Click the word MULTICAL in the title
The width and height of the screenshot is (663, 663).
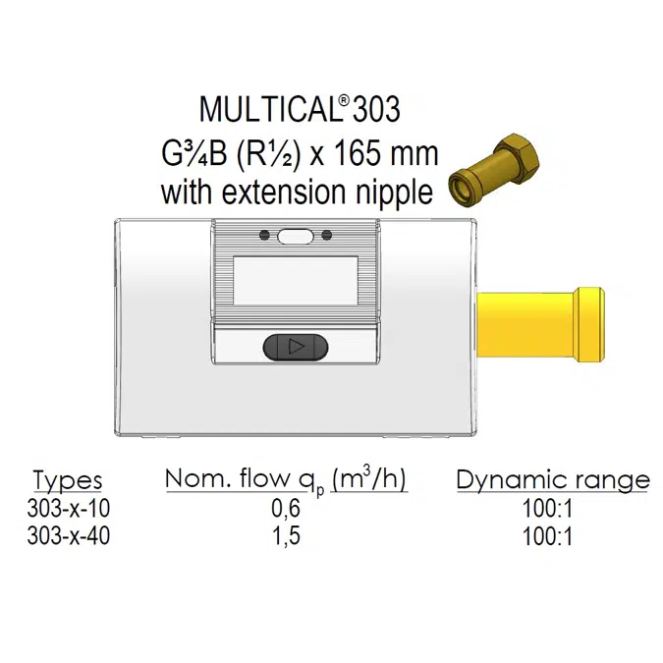(x=261, y=110)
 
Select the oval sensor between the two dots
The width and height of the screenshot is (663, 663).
(x=294, y=236)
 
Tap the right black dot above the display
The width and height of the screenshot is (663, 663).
(x=322, y=236)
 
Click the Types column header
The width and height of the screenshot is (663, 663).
(x=68, y=480)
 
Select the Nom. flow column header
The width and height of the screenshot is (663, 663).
(x=285, y=480)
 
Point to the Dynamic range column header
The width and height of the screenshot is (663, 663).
(x=553, y=480)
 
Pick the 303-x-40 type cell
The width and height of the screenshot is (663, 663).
(x=68, y=536)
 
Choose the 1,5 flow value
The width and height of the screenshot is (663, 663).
(x=285, y=536)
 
